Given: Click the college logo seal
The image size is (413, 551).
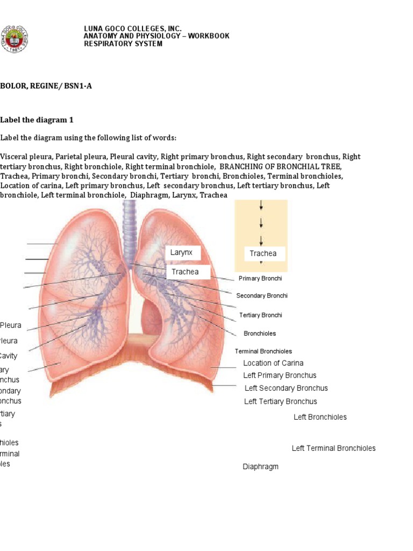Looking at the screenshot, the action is click(14, 39).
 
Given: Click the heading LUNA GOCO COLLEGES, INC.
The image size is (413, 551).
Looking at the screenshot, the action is click(132, 29).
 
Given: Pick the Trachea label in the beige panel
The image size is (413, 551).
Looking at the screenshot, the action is click(264, 253).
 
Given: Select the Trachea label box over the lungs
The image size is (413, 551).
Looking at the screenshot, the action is click(186, 272).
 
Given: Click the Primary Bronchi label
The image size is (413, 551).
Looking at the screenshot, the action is click(260, 278).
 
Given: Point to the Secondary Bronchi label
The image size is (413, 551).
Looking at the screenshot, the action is click(262, 295).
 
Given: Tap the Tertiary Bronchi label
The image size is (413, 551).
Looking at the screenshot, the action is click(261, 315).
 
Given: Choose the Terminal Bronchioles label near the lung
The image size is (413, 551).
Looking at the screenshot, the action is click(264, 351).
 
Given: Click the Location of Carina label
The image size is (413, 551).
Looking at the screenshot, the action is click(273, 363).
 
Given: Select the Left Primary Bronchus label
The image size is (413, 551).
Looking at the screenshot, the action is click(280, 376).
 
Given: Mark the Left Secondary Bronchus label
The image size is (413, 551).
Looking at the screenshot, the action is click(286, 388).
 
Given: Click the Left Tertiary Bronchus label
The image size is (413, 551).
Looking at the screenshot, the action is click(281, 401).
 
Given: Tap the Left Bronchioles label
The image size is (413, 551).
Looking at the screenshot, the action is click(320, 417).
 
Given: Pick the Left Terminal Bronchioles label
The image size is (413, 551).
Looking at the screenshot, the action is click(333, 448).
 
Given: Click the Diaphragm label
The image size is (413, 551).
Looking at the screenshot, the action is click(261, 467).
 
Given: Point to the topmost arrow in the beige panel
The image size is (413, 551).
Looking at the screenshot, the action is click(261, 206).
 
